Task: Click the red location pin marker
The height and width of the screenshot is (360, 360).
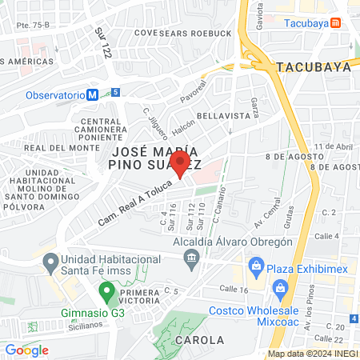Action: [181, 166]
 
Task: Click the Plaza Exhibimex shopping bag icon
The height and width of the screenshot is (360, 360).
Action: [256, 265]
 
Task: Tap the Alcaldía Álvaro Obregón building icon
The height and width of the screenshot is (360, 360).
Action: [191, 257]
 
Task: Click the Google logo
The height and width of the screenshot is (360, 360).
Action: [26, 350]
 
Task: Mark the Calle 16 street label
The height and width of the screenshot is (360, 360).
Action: [232, 289]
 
